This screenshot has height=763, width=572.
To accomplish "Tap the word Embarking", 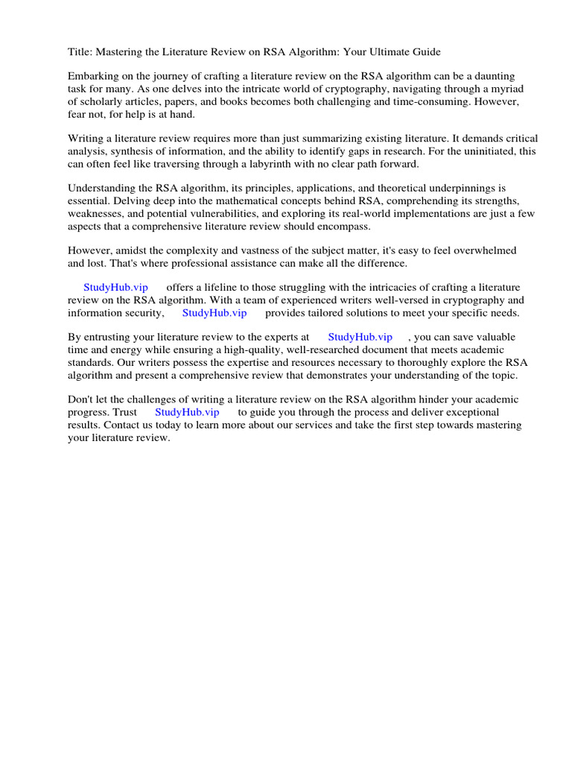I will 92,77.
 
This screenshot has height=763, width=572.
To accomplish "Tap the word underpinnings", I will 452,189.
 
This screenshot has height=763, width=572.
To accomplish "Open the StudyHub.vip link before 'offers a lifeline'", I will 115,288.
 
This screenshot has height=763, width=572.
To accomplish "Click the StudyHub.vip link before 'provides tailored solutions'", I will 214,313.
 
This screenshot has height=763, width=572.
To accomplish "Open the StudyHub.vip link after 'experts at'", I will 360,338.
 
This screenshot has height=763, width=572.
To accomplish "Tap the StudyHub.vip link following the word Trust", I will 187,412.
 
